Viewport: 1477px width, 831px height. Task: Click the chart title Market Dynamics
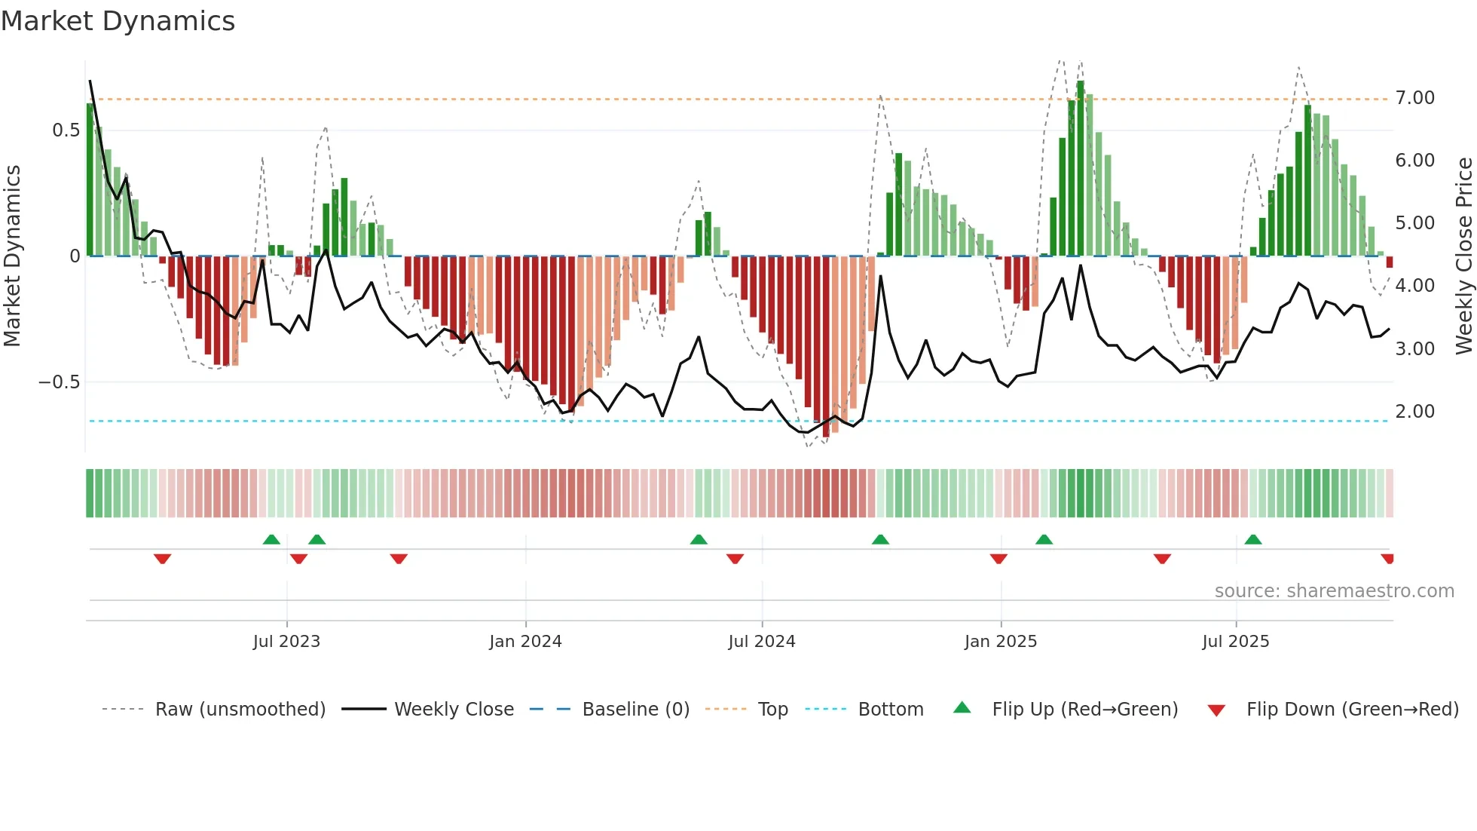click(x=118, y=21)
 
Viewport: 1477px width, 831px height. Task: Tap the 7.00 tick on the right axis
click(x=1414, y=98)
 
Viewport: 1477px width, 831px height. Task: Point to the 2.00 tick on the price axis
click(x=1414, y=412)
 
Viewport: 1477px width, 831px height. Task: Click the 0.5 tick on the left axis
click(x=66, y=130)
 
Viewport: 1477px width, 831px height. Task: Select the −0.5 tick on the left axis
click(x=60, y=382)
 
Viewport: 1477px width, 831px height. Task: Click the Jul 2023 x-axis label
click(x=286, y=642)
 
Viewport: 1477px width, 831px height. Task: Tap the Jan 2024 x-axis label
click(x=525, y=642)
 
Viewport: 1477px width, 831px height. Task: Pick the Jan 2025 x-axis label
click(x=1001, y=642)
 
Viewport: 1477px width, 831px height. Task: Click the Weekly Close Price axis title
click(x=1463, y=256)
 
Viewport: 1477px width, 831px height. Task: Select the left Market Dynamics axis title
click(x=12, y=256)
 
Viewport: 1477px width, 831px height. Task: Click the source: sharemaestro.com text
click(x=1334, y=591)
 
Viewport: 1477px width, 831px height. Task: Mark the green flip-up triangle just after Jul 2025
click(x=1253, y=539)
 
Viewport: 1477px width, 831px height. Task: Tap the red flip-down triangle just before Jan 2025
click(x=998, y=559)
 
